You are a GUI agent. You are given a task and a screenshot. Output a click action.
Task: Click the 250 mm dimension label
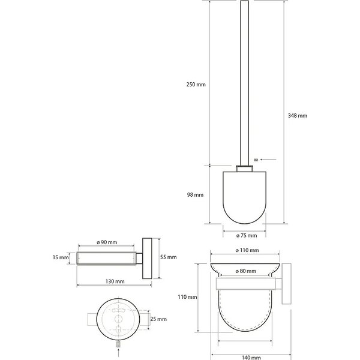pyautogui.click(x=196, y=85)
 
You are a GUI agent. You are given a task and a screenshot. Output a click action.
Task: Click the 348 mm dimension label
pyautogui.click(x=298, y=116)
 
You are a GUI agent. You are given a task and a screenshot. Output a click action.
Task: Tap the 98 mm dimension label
pyautogui.click(x=195, y=195)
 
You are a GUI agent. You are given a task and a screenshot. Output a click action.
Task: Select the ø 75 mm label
pyautogui.click(x=247, y=236)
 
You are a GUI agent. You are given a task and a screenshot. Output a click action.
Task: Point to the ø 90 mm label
pyautogui.click(x=107, y=242)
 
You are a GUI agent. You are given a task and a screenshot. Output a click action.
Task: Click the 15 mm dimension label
pyautogui.click(x=61, y=257)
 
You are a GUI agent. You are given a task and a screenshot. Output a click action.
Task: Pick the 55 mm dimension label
pyautogui.click(x=169, y=257)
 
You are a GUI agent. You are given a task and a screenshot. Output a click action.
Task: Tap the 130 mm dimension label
pyautogui.click(x=115, y=281)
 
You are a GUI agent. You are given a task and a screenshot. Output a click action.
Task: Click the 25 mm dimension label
pyautogui.click(x=158, y=319)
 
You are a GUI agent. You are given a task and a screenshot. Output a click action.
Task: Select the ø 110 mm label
pyautogui.click(x=247, y=250)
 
